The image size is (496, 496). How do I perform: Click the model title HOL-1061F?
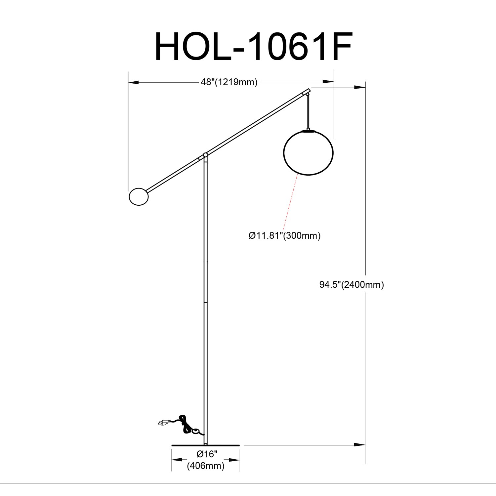click(253, 47)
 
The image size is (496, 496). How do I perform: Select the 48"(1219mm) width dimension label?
click(229, 82)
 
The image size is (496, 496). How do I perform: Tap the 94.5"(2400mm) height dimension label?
click(351, 285)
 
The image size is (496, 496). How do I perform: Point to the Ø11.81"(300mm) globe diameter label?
click(285, 236)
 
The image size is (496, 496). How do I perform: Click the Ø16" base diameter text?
click(206, 454)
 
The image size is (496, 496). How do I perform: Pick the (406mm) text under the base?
click(206, 466)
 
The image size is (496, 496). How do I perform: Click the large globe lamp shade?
click(308, 152)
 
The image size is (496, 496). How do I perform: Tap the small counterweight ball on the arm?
click(139, 197)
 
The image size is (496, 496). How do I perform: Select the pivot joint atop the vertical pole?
click(205, 155)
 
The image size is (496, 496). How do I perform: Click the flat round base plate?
click(205, 445)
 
